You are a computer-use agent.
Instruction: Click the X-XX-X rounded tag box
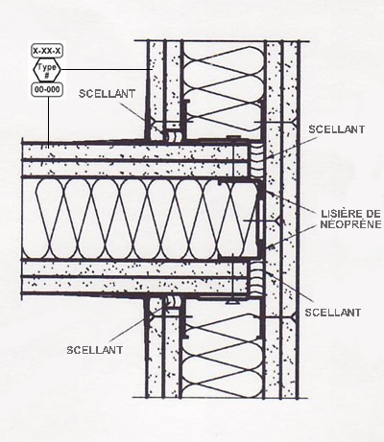click(x=47, y=51)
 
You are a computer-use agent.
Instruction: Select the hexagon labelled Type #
click(x=47, y=70)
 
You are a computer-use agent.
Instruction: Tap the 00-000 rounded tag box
click(x=47, y=89)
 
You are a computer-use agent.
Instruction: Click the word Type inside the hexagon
click(x=47, y=67)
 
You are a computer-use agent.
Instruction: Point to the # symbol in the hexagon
click(x=47, y=75)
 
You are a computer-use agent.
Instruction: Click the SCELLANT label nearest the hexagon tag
click(x=107, y=94)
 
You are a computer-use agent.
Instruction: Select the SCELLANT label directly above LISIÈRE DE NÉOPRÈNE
click(x=337, y=129)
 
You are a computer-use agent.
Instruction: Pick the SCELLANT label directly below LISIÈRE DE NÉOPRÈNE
click(x=333, y=313)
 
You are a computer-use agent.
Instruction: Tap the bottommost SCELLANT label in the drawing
click(x=95, y=350)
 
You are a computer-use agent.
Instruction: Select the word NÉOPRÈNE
click(x=351, y=223)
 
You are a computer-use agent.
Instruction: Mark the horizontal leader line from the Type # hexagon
click(x=105, y=69)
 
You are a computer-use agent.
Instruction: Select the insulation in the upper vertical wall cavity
click(x=224, y=89)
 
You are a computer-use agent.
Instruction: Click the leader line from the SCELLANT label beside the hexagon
click(x=141, y=118)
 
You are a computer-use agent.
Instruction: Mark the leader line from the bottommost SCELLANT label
click(x=136, y=322)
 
